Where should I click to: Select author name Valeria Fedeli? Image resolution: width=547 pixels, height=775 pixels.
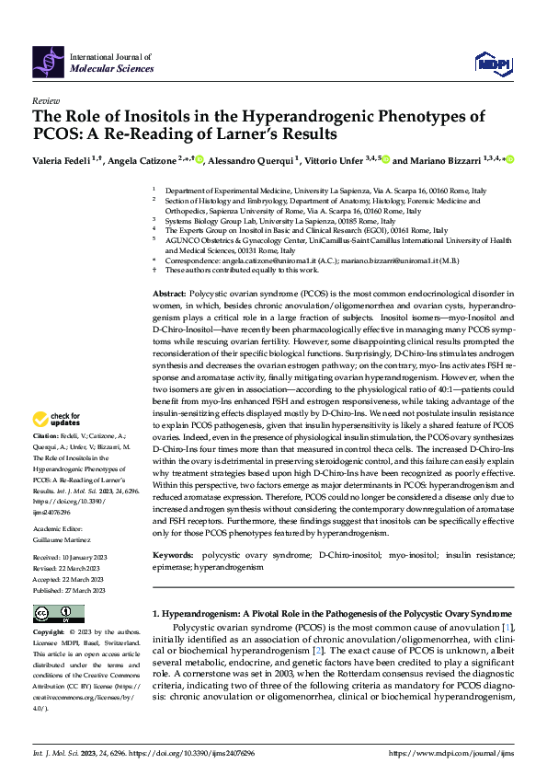65,161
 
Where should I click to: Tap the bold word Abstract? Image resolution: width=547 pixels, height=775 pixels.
172,291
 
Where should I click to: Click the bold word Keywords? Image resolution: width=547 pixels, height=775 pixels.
174,556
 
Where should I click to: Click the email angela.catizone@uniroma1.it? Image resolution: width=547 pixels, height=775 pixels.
269,260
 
